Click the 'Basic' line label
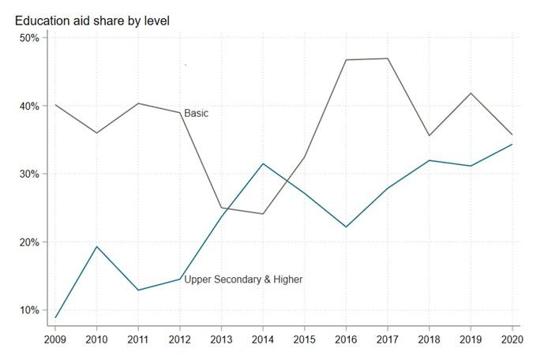[196, 114]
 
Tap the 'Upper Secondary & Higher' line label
[243, 279]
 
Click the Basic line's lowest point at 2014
[263, 214]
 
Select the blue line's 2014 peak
[263, 163]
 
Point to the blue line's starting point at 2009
[55, 317]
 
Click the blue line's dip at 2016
[346, 227]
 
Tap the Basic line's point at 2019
[471, 93]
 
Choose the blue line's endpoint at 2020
[512, 144]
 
